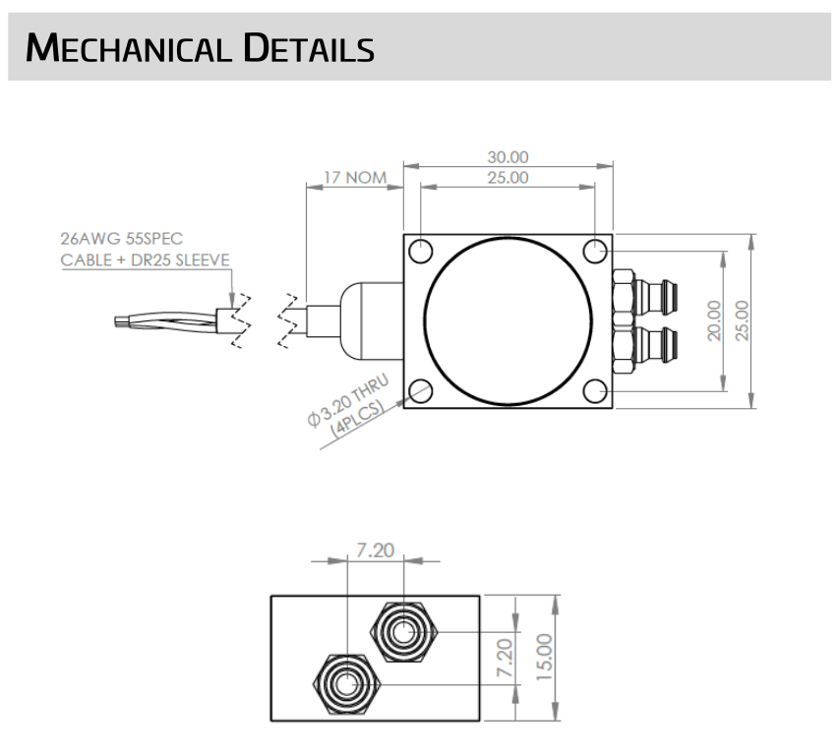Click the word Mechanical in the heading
(128, 48)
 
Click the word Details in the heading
(309, 48)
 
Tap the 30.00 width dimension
(508, 157)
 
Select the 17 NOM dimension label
(355, 178)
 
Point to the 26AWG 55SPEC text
(122, 238)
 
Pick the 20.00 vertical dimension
(714, 320)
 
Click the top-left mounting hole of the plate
(421, 251)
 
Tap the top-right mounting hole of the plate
(595, 251)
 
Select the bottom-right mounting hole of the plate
(595, 391)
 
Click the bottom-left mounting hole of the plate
(421, 391)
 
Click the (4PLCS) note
(357, 420)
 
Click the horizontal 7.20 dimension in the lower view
(376, 550)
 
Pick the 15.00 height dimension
(544, 657)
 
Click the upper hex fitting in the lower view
(404, 632)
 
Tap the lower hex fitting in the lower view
(346, 684)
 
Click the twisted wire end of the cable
(165, 320)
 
